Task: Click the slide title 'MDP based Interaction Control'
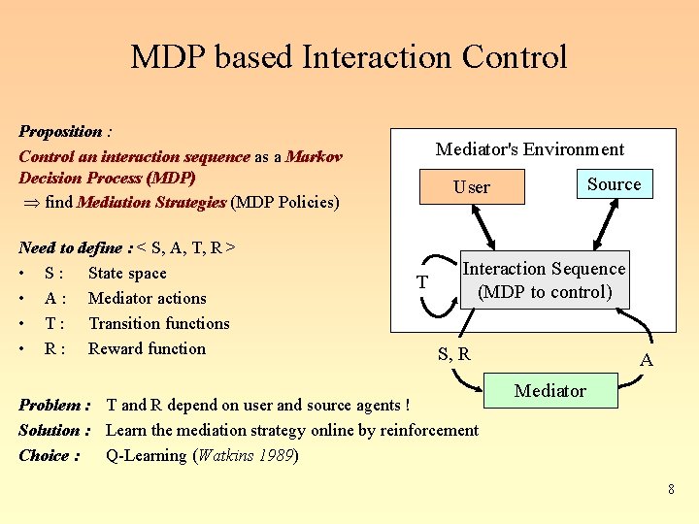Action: pyautogui.click(x=349, y=57)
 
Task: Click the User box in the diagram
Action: pyautogui.click(x=472, y=187)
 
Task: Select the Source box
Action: pyautogui.click(x=614, y=183)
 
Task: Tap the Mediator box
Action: pyautogui.click(x=549, y=391)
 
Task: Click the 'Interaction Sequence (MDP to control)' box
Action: pyautogui.click(x=544, y=280)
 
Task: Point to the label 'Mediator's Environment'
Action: pyautogui.click(x=529, y=149)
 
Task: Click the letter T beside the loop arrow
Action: pyautogui.click(x=421, y=282)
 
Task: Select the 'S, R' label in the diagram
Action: pyautogui.click(x=453, y=354)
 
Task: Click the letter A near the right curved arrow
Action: pyautogui.click(x=646, y=360)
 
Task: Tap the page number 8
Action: pyautogui.click(x=671, y=489)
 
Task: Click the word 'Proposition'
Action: pyautogui.click(x=59, y=131)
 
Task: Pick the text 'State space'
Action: pyautogui.click(x=127, y=274)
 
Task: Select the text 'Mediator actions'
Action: pyautogui.click(x=147, y=299)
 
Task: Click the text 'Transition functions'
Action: pyautogui.click(x=158, y=324)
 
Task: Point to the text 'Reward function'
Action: pyautogui.click(x=147, y=348)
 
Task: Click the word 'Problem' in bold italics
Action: pyautogui.click(x=50, y=405)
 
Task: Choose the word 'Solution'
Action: pyautogui.click(x=50, y=430)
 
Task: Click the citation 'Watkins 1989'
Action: pyautogui.click(x=247, y=455)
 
